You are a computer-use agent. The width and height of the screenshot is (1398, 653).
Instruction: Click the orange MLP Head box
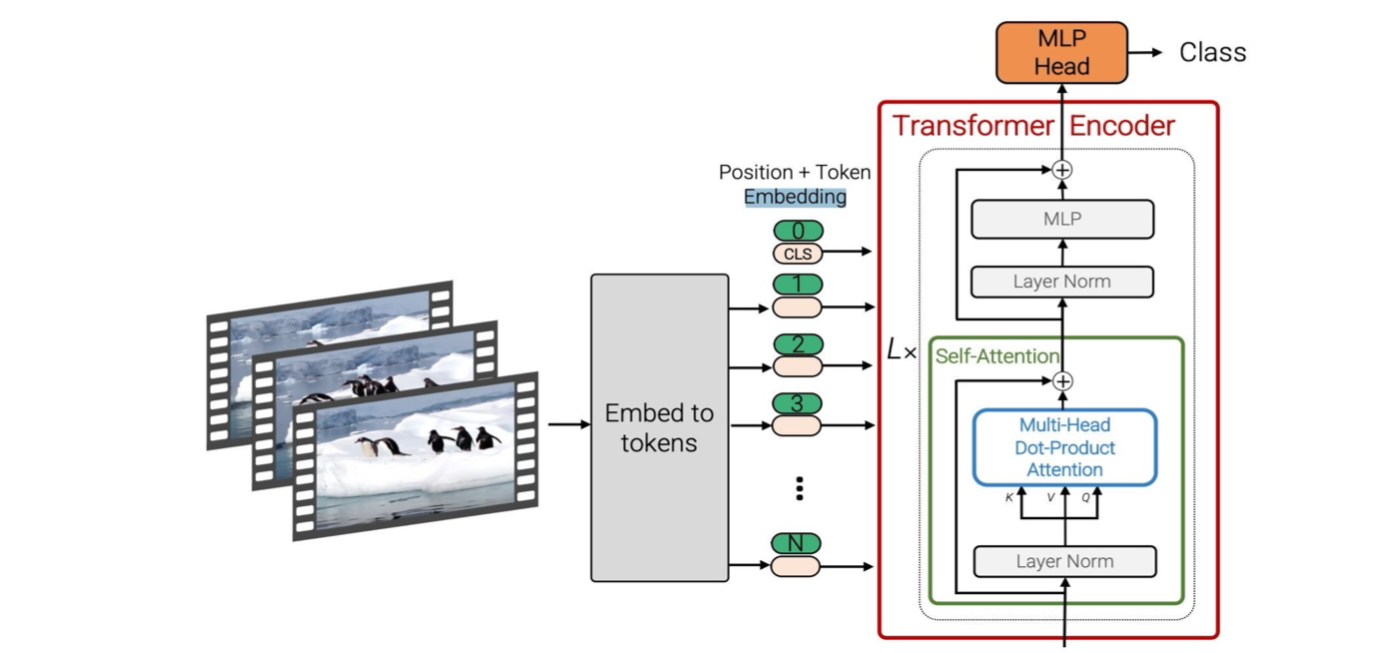coord(1061,52)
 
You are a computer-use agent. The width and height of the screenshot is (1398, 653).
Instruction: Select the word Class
coord(1212,53)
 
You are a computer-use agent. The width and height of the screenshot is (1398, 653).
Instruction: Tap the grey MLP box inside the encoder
coord(1061,219)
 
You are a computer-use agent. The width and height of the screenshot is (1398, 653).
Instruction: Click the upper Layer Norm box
coord(1061,282)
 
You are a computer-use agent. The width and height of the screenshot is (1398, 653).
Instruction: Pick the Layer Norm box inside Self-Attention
coord(1064,561)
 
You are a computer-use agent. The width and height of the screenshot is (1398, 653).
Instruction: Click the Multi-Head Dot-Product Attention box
coord(1064,447)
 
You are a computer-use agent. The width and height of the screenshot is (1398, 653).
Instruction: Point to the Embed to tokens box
coord(660,427)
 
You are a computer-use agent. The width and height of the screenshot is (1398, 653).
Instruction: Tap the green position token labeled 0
coord(798,231)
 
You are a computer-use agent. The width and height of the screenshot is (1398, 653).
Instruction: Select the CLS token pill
coord(798,254)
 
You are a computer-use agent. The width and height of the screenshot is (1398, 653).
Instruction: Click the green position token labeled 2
coord(798,344)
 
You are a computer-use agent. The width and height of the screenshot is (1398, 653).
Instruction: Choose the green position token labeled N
coord(796,544)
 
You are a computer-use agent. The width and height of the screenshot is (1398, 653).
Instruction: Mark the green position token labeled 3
coord(798,403)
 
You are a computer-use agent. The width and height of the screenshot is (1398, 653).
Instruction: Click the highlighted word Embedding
coord(795,197)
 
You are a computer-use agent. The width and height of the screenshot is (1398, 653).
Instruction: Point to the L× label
coord(901,350)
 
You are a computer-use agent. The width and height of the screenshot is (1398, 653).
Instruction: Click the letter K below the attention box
coord(1010,497)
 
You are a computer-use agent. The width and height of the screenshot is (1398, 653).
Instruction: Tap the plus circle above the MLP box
coord(1062,170)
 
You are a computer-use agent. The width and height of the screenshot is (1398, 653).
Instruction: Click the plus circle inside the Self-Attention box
coord(1063,380)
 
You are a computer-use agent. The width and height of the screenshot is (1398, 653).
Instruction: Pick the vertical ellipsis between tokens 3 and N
coord(799,488)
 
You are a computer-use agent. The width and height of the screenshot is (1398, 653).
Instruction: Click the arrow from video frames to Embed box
coord(569,424)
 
